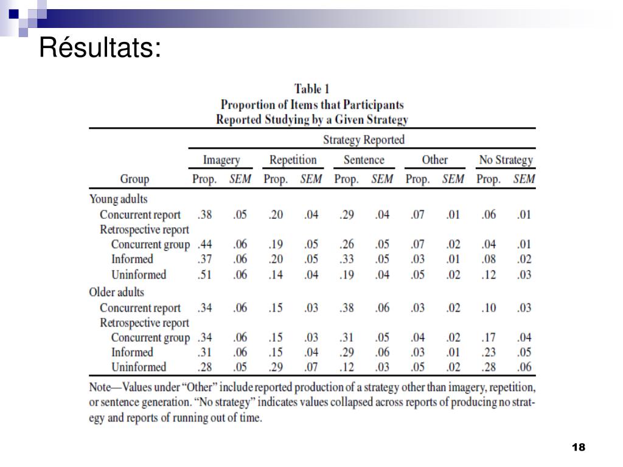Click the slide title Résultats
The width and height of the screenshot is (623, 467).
pos(100,47)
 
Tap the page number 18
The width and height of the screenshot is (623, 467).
pos(579,447)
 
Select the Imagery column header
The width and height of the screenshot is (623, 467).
pos(221,160)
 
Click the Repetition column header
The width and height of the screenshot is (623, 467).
pos(293,160)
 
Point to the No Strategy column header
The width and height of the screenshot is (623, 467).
pos(506,160)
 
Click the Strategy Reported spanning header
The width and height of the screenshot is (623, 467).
pos(364,140)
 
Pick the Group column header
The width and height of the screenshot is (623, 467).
pos(134,179)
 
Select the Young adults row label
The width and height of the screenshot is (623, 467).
pos(119,199)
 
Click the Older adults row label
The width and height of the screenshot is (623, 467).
pos(116,292)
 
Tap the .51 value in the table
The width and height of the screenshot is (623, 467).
pos(204,275)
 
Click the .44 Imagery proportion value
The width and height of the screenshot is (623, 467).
pos(204,244)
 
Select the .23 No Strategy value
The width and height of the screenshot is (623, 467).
pos(489,352)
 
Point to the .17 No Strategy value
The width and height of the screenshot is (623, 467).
pos(489,337)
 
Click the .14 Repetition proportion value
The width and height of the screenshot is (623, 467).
pos(276,275)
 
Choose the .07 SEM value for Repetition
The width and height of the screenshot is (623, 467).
pos(311,367)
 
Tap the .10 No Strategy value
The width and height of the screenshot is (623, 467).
pos(489,308)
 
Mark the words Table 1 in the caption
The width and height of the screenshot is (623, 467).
pos(311,89)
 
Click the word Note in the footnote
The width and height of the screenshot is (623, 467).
pos(100,387)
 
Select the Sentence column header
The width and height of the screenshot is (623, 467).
pos(364,160)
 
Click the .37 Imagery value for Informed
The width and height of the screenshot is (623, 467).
pos(204,259)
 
